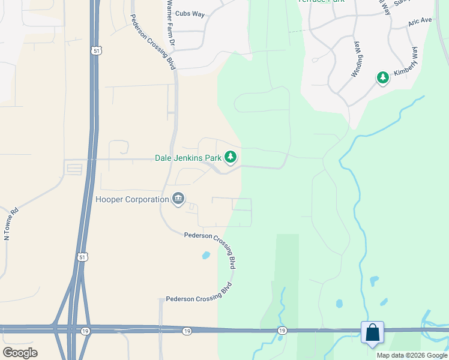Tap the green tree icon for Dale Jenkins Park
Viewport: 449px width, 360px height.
tap(231, 158)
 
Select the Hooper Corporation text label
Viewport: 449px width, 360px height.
tap(132, 199)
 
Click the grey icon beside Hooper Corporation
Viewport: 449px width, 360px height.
tap(178, 198)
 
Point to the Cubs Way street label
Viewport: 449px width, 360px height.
tap(190, 14)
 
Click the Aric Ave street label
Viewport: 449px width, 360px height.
tap(420, 21)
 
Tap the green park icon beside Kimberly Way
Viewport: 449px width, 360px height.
tap(383, 77)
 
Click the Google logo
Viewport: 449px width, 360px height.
tap(20, 353)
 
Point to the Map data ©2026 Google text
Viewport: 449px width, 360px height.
tap(412, 355)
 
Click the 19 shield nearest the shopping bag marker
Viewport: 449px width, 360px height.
tap(282, 331)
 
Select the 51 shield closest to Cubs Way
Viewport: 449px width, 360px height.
tap(97, 52)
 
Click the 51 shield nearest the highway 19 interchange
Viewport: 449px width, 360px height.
tap(82, 257)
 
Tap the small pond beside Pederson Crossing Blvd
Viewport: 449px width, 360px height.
tap(206, 255)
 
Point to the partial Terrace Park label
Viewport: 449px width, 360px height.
tap(321, 2)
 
